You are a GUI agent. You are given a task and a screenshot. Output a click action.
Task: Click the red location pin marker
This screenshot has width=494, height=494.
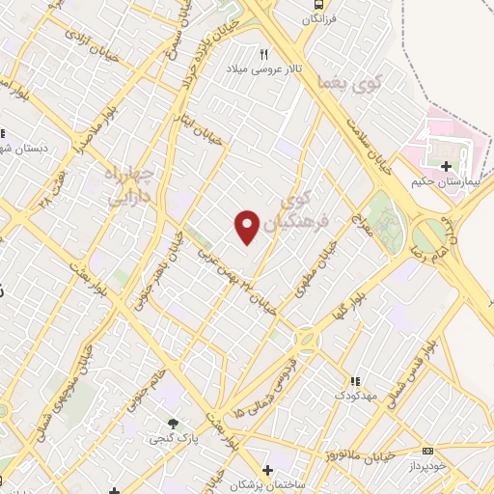[x=248, y=227]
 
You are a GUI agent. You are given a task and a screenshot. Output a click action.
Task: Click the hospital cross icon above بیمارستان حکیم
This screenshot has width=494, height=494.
[x=446, y=167]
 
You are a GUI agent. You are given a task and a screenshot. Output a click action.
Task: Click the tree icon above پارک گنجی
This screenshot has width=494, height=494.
[x=173, y=424]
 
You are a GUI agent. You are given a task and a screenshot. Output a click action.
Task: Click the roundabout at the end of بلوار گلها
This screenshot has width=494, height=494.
[x=308, y=339]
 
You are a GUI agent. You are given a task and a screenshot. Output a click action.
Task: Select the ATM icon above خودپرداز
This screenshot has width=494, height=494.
[x=427, y=451]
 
